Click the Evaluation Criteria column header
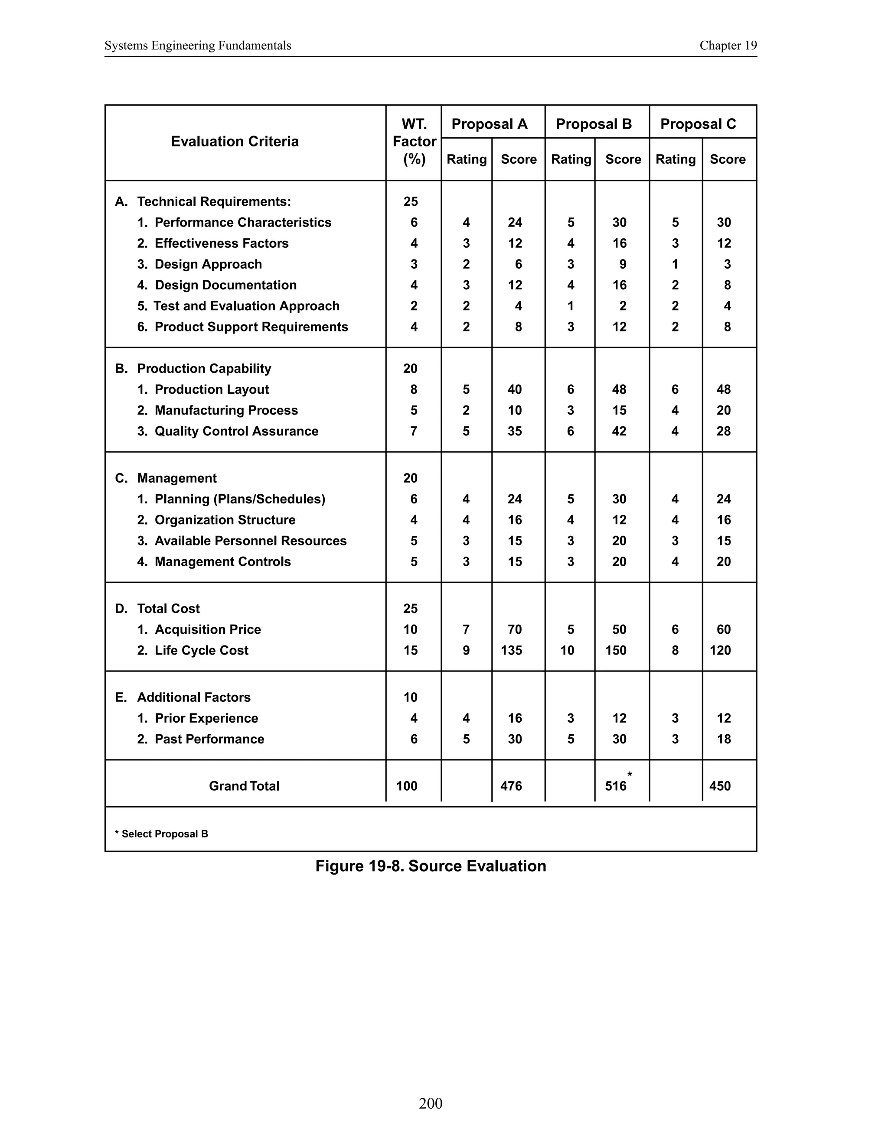(235, 141)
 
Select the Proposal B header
(594, 124)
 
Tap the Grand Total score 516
(616, 786)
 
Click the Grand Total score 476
(511, 786)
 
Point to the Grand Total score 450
(720, 786)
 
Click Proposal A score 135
(511, 650)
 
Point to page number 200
(430, 1103)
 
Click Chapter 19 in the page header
(728, 46)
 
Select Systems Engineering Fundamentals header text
(198, 46)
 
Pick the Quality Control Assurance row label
(236, 431)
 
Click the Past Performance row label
(209, 739)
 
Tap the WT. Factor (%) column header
(414, 141)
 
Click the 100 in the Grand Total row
(407, 786)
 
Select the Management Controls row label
(222, 561)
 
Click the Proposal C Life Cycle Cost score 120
(720, 650)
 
